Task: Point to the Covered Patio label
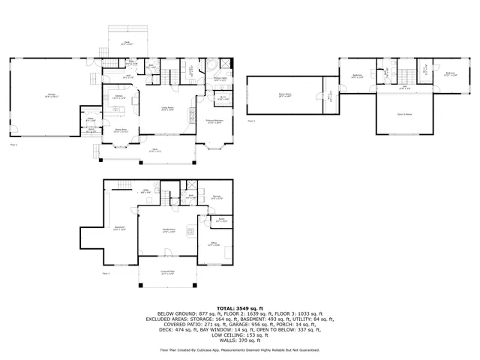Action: coord(167,273)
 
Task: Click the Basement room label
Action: coord(118,227)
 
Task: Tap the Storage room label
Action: coord(216,197)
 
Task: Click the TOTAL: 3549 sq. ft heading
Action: coord(239,307)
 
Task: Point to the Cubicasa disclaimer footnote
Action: coord(239,349)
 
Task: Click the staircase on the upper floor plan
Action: coord(399,74)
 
